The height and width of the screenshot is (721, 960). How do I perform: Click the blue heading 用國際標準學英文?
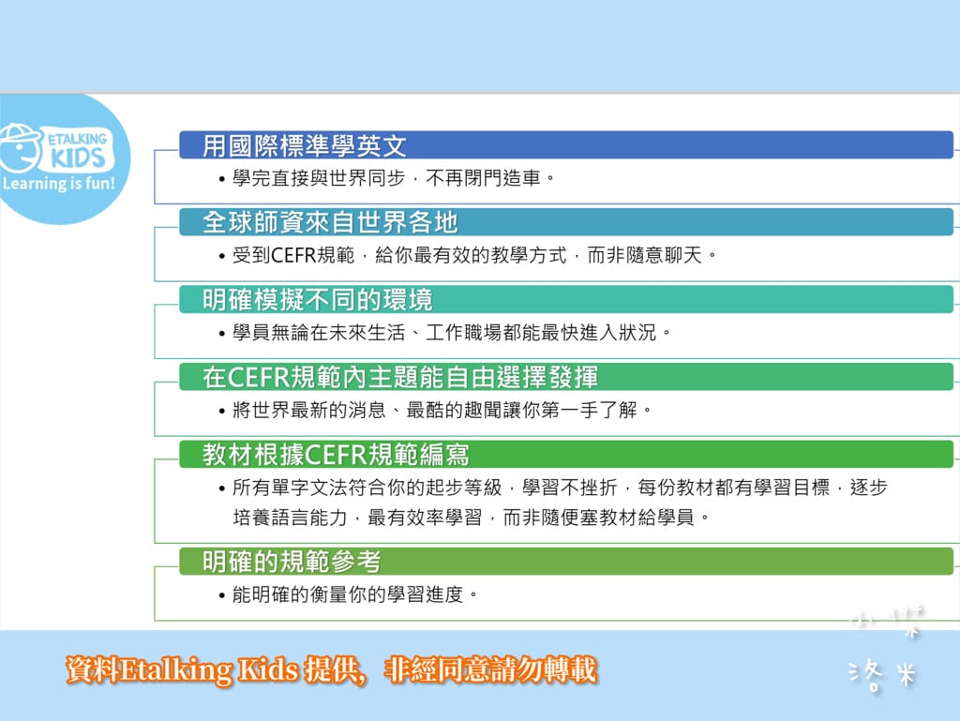(306, 145)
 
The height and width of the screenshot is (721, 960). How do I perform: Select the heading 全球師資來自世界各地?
(331, 222)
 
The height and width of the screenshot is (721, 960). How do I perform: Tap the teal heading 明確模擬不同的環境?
(318, 299)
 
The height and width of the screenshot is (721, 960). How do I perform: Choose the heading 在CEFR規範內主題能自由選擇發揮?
(400, 377)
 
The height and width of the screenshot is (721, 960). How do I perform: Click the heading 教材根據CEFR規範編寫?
(337, 455)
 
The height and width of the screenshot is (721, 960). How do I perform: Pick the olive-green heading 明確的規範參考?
(292, 562)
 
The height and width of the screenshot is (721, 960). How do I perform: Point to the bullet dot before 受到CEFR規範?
(221, 256)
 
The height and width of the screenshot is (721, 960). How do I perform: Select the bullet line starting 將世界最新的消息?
(441, 410)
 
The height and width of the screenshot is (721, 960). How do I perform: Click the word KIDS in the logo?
(76, 156)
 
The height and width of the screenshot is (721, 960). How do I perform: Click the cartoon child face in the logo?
(21, 146)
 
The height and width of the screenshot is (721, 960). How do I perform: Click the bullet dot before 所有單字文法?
(221, 488)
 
